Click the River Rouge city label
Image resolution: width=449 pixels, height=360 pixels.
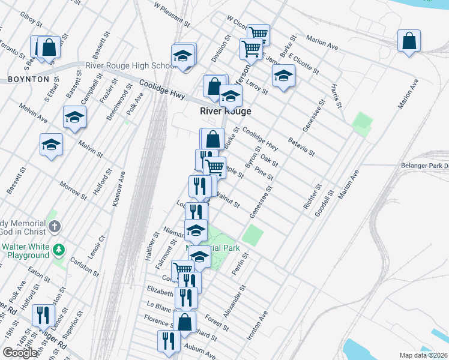225,112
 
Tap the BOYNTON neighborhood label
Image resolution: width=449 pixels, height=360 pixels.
28,79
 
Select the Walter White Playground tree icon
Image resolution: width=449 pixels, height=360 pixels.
58,248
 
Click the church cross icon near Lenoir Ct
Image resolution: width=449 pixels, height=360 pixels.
55,226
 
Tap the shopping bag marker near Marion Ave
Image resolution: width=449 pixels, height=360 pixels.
409,41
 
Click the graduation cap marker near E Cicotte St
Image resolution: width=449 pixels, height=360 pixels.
283,76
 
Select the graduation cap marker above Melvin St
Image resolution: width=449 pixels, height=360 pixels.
52,145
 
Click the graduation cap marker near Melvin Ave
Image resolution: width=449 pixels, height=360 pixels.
74,118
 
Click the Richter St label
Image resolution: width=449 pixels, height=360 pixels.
310,198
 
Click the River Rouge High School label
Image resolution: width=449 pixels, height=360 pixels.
131,65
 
